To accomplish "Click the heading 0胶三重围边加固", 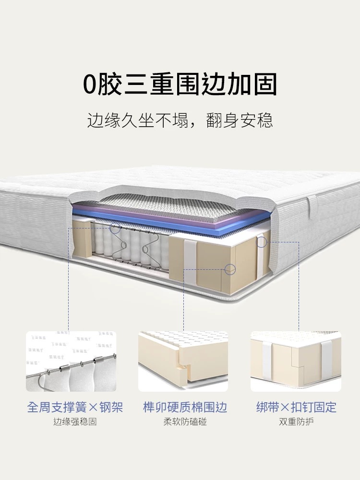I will tap(180, 84).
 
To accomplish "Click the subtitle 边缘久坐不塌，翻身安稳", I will tap(180, 120).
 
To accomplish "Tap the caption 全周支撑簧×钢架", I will tap(75, 408).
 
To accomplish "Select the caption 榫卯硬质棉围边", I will tap(185, 408).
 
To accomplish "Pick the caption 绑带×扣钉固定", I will tap(296, 408).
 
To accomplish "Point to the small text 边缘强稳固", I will tap(75, 422).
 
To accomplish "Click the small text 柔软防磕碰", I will tap(185, 422).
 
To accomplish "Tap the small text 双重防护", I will tap(296, 422).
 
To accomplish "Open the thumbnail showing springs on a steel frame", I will tap(71, 361).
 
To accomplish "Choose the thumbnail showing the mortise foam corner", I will tap(183, 361).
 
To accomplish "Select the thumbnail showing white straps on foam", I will tap(296, 361).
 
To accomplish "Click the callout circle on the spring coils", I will tap(115, 228).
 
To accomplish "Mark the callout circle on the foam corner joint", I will tap(230, 270).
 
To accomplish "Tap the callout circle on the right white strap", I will tap(262, 242).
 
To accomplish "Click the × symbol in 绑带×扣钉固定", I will tap(285, 408).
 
